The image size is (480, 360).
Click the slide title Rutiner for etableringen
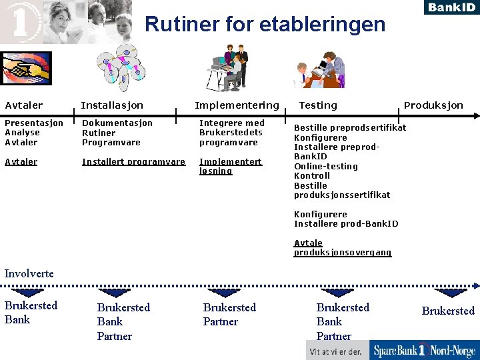[x=265, y=25]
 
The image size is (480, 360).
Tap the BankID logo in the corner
[x=450, y=7]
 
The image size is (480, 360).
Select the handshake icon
[x=25, y=69]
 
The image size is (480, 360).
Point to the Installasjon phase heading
[x=111, y=105]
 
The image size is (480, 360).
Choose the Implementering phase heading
[x=237, y=105]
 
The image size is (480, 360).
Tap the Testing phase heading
[x=318, y=105]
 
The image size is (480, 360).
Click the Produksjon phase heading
[x=433, y=105]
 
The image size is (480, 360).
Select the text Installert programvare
[x=133, y=161]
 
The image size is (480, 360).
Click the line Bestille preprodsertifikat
[x=350, y=127]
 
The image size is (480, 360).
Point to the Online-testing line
[x=325, y=166]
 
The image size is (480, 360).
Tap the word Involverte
[x=29, y=273]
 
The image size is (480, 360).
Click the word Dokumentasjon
[x=117, y=123]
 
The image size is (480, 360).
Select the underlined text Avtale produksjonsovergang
[x=342, y=248]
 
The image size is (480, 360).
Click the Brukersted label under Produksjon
[x=448, y=311]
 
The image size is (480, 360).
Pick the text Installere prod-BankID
[x=346, y=224]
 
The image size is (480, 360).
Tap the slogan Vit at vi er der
[x=335, y=351]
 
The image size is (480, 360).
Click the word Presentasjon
[x=34, y=123]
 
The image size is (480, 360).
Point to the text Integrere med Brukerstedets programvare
[x=231, y=133]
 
